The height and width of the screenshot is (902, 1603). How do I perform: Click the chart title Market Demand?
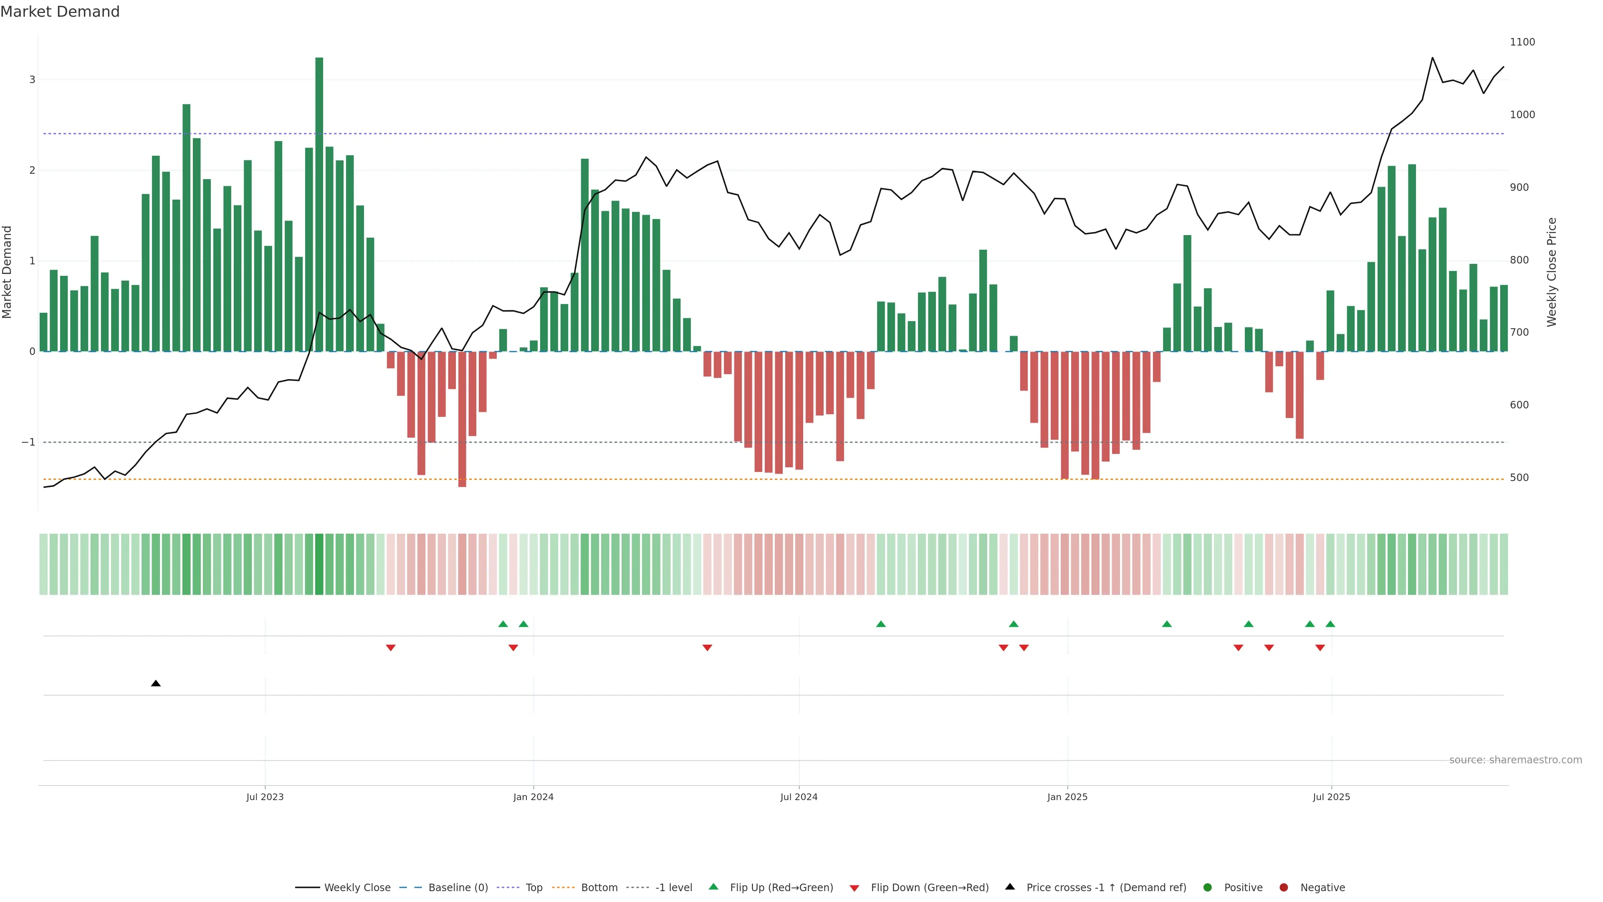pyautogui.click(x=60, y=12)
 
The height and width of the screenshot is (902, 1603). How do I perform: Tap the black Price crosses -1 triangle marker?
pyautogui.click(x=156, y=684)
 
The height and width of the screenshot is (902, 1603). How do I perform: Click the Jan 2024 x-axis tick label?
pyautogui.click(x=533, y=797)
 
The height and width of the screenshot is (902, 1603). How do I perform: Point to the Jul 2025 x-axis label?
pyautogui.click(x=1331, y=797)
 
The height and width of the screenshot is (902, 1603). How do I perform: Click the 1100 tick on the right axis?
pyautogui.click(x=1522, y=42)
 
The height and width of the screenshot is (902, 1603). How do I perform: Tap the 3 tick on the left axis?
pyautogui.click(x=33, y=80)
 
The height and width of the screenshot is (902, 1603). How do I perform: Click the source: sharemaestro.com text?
pyautogui.click(x=1515, y=760)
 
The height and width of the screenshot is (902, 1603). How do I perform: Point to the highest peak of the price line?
pyautogui.click(x=1433, y=58)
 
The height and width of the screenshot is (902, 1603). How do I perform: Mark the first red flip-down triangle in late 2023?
pyautogui.click(x=391, y=648)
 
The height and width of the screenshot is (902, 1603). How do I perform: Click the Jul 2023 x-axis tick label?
pyautogui.click(x=265, y=797)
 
